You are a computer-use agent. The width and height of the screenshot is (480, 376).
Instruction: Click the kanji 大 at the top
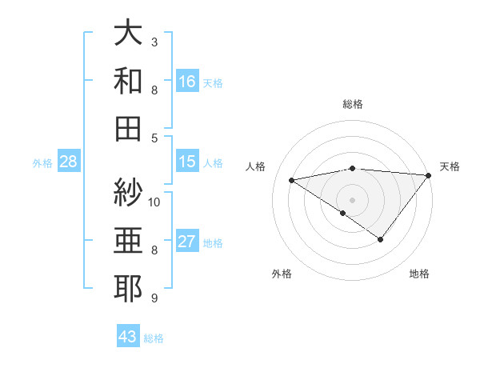tap(128, 33)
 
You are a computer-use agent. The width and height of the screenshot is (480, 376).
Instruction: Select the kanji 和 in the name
tap(128, 81)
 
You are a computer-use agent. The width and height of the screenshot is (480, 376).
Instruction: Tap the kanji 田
tap(128, 128)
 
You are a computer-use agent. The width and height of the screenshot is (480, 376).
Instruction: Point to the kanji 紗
tap(128, 193)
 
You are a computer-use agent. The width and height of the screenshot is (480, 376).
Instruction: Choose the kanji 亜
tap(128, 241)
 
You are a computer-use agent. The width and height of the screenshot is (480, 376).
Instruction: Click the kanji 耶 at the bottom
tap(128, 289)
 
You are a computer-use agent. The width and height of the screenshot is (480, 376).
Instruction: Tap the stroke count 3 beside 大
tap(154, 42)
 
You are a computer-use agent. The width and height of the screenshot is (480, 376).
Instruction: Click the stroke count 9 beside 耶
tap(154, 298)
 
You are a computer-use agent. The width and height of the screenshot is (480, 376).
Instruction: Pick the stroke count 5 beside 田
tap(154, 138)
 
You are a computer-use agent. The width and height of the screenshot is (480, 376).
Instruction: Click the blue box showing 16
tap(187, 81)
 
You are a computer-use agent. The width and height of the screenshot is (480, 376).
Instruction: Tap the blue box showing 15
tap(187, 162)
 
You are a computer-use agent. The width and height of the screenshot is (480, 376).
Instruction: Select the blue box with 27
tap(187, 242)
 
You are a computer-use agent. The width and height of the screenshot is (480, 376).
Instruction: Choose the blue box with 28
tap(68, 162)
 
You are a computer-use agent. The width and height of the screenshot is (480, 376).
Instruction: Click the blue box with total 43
tap(128, 337)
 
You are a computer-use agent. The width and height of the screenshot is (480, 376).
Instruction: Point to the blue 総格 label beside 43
tap(154, 338)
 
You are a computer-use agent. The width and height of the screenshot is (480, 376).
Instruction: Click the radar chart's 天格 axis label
tap(450, 166)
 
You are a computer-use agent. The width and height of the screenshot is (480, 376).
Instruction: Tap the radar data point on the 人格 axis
tap(291, 179)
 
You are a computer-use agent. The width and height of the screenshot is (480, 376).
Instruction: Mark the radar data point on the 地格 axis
tap(381, 239)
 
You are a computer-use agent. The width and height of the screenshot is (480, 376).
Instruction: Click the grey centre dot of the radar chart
tap(352, 198)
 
